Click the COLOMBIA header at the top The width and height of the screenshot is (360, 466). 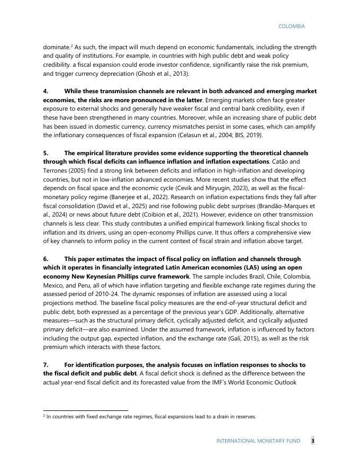coord(291,26)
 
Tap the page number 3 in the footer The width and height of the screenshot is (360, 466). coord(312,441)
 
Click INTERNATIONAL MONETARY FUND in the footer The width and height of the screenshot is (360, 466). coord(258,441)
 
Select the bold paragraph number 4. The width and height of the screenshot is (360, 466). coord(45,92)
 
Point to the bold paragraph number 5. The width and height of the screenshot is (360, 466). coord(45,153)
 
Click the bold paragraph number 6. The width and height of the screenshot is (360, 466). coord(45,259)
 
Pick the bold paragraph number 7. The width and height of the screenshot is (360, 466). coord(45,365)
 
